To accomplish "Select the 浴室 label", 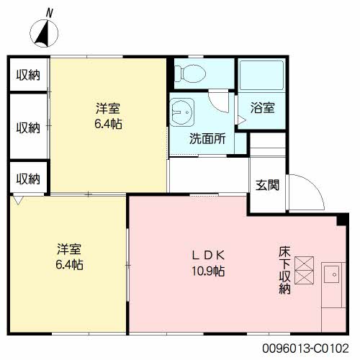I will [262, 109].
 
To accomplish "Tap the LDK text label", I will [209, 255].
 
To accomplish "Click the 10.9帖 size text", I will [209, 271].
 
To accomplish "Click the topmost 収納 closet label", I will [29, 76].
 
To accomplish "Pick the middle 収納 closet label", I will [29, 127].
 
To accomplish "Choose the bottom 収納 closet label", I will [29, 179].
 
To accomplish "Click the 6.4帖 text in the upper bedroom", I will [108, 124].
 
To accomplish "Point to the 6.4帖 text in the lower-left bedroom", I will [70, 264].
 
